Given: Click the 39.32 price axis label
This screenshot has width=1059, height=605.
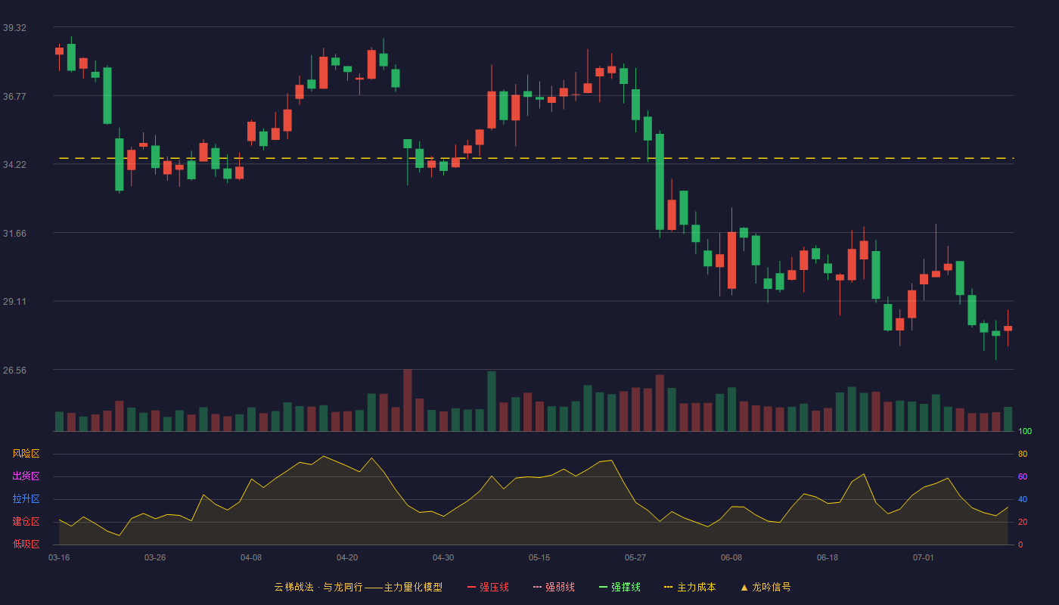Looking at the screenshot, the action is click(x=14, y=28).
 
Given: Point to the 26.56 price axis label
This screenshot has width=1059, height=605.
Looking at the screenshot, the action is click(x=14, y=370).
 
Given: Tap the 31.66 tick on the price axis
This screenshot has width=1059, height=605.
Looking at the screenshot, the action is click(x=14, y=234).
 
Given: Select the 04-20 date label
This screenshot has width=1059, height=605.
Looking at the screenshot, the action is click(x=347, y=558).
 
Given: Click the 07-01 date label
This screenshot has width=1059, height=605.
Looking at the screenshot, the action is click(x=924, y=558).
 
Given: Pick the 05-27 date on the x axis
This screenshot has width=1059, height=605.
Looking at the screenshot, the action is click(x=635, y=558).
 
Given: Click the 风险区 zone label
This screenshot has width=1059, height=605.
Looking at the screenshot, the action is click(x=26, y=454).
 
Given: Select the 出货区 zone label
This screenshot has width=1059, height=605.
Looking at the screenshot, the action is click(x=26, y=476).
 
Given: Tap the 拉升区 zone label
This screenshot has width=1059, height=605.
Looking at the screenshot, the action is click(x=26, y=498).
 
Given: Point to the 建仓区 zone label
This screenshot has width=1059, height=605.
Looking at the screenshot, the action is click(x=26, y=521).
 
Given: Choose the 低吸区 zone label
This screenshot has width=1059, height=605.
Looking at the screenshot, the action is click(x=26, y=544).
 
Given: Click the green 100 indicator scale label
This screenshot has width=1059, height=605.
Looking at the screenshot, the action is click(x=1025, y=431).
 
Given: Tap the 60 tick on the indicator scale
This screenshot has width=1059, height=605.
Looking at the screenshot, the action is click(x=1023, y=476).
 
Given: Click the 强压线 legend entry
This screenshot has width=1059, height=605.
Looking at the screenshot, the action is click(x=488, y=587).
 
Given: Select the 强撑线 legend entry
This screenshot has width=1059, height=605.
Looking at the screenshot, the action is click(x=620, y=587).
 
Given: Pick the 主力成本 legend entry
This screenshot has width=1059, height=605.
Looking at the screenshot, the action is click(x=690, y=587).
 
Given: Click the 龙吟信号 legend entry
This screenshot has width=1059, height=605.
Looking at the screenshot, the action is click(x=766, y=587).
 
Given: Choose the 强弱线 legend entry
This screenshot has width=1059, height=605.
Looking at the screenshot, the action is click(x=554, y=587).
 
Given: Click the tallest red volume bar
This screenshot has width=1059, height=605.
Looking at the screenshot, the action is click(x=408, y=400).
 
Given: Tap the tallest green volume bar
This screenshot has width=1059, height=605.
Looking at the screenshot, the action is click(x=492, y=402).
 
